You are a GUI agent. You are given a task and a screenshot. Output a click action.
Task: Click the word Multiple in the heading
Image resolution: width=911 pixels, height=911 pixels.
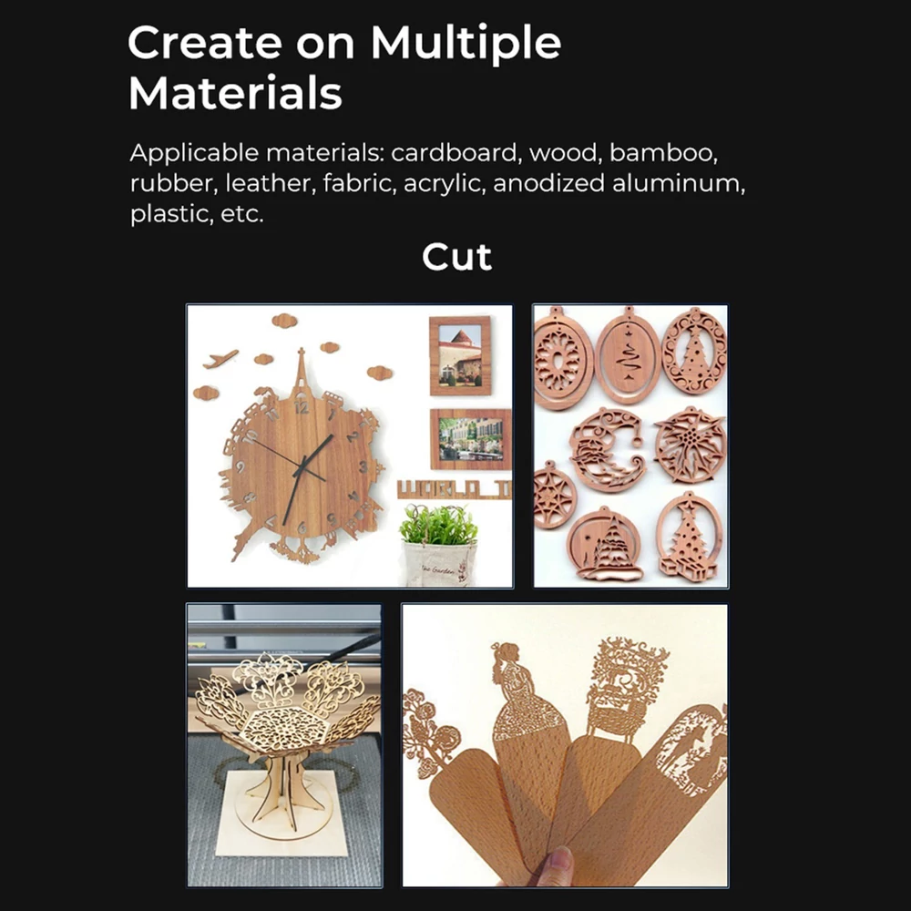point(466,44)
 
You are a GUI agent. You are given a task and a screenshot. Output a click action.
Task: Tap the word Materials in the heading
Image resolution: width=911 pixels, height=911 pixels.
point(235,93)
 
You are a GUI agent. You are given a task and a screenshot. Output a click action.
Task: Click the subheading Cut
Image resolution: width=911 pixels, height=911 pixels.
point(456,257)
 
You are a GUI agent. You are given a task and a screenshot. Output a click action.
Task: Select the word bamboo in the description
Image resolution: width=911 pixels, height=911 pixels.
point(663,153)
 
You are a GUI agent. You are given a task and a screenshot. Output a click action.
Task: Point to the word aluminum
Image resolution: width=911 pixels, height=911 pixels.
point(678,183)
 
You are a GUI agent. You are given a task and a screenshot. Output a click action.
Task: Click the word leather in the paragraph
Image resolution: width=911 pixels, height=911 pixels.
point(269,183)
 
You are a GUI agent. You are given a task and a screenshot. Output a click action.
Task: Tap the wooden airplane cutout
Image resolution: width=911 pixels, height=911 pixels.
point(220,358)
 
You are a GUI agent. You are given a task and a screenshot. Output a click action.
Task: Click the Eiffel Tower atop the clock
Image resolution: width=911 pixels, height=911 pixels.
point(301,374)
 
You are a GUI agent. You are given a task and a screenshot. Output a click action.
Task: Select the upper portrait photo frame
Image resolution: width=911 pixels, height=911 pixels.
point(460,355)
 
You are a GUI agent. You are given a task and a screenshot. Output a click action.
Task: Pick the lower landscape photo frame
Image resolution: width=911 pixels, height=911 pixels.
point(471,439)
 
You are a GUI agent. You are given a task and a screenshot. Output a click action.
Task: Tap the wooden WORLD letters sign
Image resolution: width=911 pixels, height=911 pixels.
point(455,489)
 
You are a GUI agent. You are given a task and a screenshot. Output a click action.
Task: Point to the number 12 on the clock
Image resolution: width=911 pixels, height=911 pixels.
point(301,407)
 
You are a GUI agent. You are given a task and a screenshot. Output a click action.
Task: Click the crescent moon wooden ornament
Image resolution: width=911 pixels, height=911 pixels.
point(607,450)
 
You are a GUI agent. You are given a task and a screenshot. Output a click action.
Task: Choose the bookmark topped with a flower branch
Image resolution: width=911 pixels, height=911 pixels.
point(459,790)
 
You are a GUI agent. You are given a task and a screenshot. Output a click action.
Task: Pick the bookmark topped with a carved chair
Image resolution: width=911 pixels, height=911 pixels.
point(604,755)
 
